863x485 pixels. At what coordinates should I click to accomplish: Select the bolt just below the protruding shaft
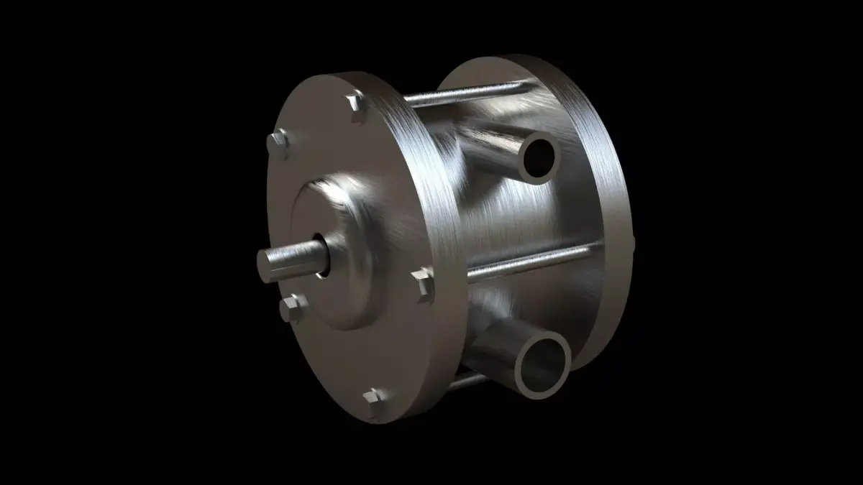pyautogui.click(x=293, y=308)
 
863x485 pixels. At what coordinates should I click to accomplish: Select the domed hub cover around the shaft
pyautogui.click(x=345, y=237)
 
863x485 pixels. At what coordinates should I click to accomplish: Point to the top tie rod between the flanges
pyautogui.click(x=467, y=94)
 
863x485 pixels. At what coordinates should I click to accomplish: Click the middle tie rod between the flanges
pyautogui.click(x=532, y=261)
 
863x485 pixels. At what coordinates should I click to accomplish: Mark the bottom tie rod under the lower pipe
pyautogui.click(x=467, y=380)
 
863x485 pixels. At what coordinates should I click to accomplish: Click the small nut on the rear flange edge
pyautogui.click(x=632, y=241)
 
